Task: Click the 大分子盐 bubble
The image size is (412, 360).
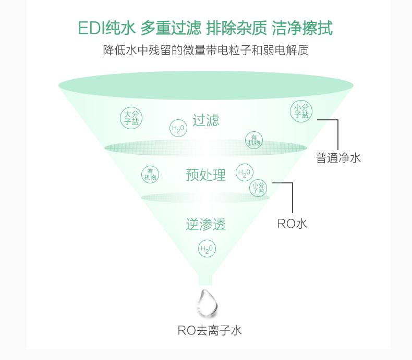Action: (130, 118)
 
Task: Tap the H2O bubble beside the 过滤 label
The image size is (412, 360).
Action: (178, 129)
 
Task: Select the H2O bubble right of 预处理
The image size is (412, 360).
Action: (244, 172)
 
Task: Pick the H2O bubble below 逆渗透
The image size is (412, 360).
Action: (207, 249)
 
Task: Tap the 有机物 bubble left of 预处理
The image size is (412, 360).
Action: (150, 174)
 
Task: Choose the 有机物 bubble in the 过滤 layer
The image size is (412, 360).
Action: (254, 140)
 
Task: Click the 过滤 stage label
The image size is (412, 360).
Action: (205, 120)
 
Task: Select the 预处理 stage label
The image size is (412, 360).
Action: (205, 175)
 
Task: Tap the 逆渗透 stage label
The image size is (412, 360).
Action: (205, 225)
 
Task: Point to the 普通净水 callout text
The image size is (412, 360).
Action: (338, 158)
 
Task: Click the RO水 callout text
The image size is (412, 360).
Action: (292, 224)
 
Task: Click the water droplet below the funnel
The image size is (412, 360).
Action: (207, 302)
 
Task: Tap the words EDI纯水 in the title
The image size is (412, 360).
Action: (106, 28)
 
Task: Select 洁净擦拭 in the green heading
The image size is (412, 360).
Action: (302, 28)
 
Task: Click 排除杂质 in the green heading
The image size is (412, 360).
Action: (237, 28)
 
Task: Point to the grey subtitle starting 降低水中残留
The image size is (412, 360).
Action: (206, 51)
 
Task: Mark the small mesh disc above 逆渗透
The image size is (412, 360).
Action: (205, 197)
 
